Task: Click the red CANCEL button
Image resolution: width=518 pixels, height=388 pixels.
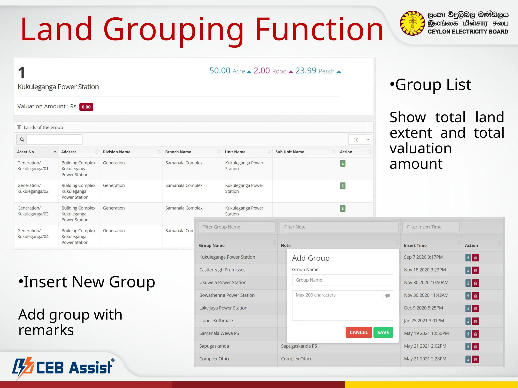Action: pos(358,332)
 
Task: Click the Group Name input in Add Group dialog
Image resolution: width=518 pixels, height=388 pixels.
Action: pos(342,280)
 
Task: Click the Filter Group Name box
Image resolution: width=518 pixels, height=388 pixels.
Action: pos(236,227)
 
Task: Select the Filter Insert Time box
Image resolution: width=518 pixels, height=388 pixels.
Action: pos(431,227)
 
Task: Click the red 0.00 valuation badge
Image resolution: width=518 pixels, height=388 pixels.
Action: pos(86,107)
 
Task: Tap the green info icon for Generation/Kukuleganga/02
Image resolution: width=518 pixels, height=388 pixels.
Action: pos(343,186)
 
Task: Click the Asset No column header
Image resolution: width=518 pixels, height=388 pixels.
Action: pos(26,152)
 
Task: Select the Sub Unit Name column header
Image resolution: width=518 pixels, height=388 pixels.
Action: pos(290,152)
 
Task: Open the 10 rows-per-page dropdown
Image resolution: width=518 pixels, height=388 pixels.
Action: pos(359,140)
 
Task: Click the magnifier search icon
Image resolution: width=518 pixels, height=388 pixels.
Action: pos(22,140)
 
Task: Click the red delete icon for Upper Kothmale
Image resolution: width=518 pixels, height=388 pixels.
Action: pos(476,321)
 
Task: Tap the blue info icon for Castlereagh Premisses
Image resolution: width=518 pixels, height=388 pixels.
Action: pos(468,270)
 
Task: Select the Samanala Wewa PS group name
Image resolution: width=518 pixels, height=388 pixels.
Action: pos(219,333)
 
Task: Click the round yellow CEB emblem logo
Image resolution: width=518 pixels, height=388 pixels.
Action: pos(412,23)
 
